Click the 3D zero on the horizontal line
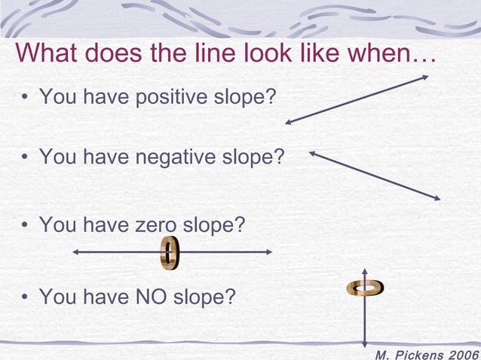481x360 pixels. [170, 252]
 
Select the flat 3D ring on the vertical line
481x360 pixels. [366, 287]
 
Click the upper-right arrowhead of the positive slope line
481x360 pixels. [426, 76]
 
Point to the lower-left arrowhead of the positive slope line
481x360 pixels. [288, 121]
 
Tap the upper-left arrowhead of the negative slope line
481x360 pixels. [313, 154]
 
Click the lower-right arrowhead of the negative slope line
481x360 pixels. [437, 198]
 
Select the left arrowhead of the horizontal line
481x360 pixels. [75, 252]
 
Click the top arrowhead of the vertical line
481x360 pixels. [365, 269]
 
